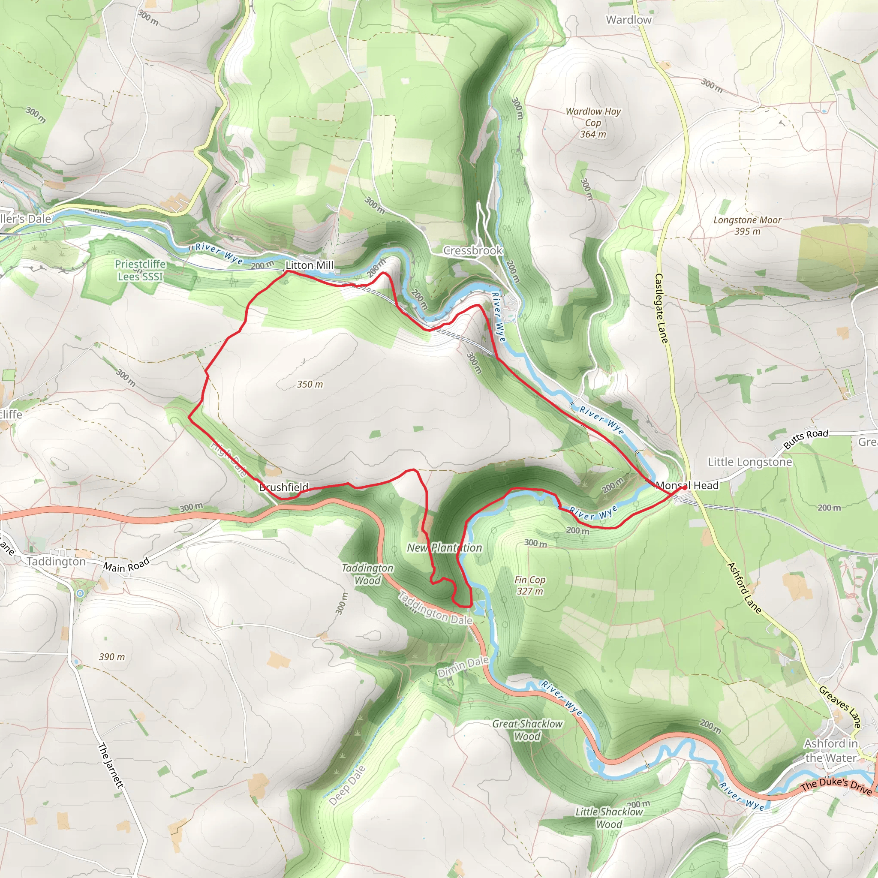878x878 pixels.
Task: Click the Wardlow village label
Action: point(628,20)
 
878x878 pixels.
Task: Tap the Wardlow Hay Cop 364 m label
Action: point(593,123)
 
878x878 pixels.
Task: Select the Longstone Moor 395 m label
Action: point(747,226)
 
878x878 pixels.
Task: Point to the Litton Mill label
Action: point(310,265)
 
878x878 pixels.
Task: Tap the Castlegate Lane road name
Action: point(661,308)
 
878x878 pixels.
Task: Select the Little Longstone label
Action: point(750,462)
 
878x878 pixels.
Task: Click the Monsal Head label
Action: point(687,485)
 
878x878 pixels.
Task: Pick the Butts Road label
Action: point(806,439)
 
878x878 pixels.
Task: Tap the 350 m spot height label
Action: point(310,385)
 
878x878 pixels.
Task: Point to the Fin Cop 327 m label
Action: point(530,585)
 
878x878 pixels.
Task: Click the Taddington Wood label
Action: point(368,574)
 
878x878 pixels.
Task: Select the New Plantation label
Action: point(444,548)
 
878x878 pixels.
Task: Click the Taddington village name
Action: point(56,562)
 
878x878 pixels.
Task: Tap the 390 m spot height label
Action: point(112,657)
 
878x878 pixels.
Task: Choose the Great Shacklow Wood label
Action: point(527,730)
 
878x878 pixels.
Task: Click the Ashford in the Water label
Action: point(831,751)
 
